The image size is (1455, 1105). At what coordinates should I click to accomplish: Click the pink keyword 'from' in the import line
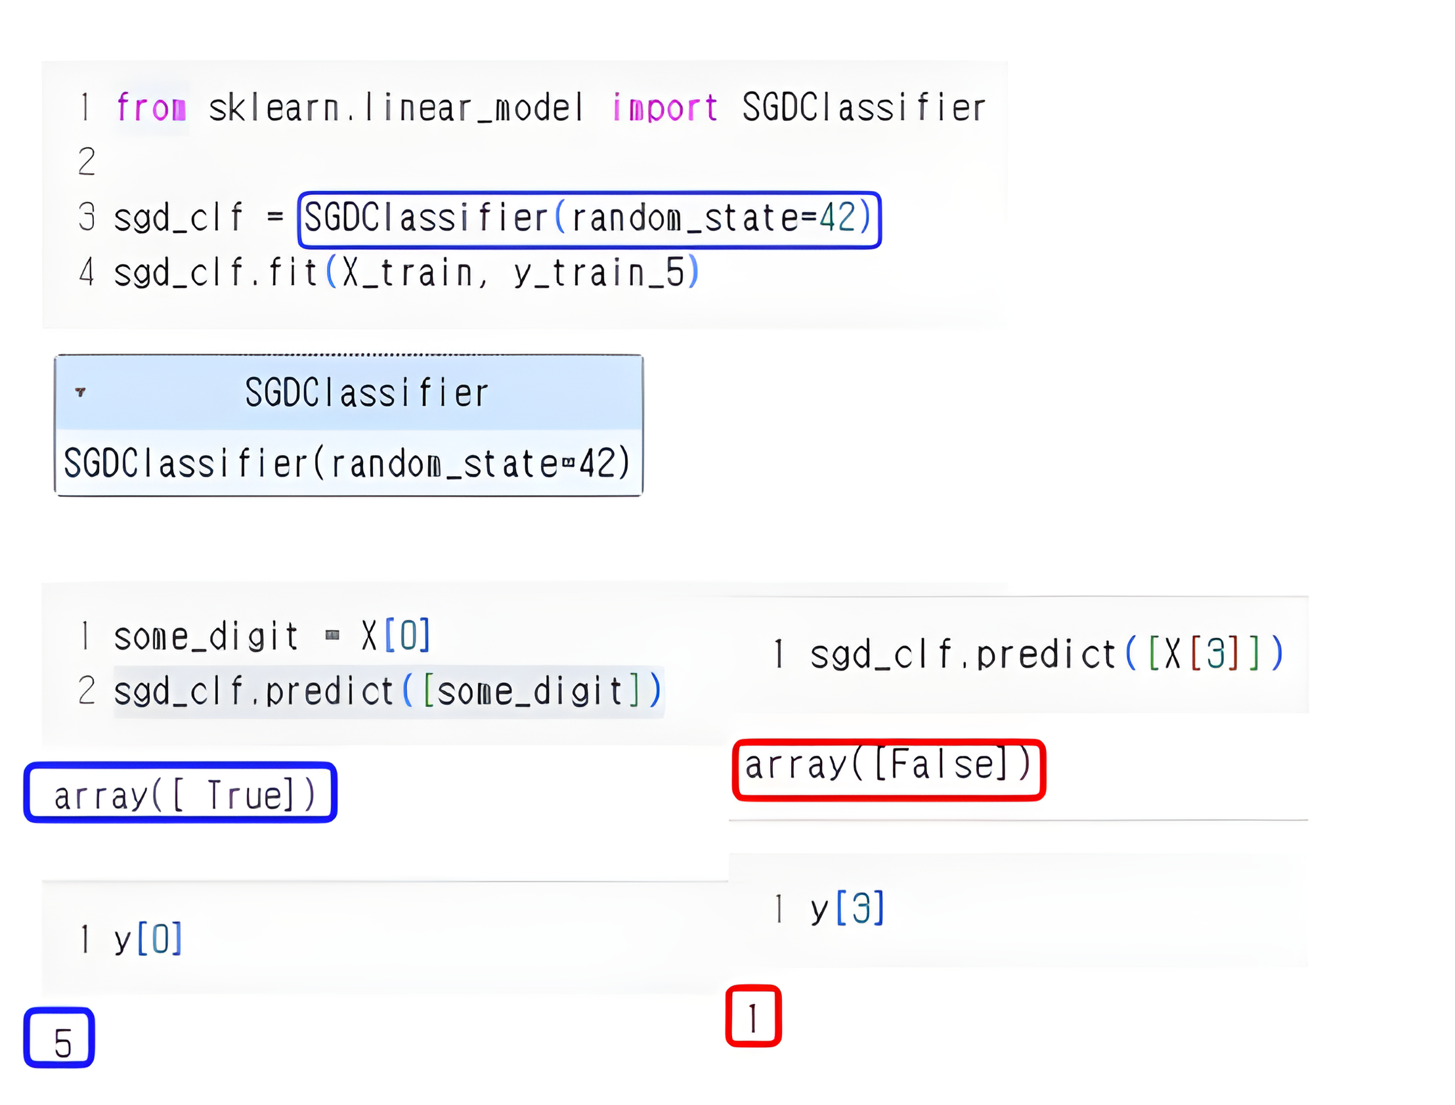tap(150, 107)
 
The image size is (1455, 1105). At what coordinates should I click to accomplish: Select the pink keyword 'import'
tap(664, 107)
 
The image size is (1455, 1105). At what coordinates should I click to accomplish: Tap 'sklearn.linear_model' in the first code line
tap(395, 107)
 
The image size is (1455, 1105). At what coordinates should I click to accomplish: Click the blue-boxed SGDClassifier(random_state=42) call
tap(589, 219)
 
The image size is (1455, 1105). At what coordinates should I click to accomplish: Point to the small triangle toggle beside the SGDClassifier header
tap(80, 392)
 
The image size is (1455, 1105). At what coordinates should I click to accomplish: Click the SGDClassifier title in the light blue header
tap(366, 393)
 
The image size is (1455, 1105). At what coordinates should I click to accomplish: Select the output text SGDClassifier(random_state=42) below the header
tap(347, 463)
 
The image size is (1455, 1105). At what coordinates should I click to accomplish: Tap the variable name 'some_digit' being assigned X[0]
tap(206, 637)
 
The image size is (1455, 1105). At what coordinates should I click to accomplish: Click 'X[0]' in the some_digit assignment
tap(396, 636)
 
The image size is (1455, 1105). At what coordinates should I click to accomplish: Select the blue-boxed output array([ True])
tap(181, 793)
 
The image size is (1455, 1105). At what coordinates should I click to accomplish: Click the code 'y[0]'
tap(148, 939)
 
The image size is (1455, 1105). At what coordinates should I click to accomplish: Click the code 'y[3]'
tap(847, 909)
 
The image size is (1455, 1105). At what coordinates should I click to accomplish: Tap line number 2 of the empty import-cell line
tap(86, 162)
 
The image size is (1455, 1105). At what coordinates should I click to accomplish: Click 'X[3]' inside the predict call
tap(1203, 655)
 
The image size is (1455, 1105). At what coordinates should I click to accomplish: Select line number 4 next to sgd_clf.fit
tap(86, 273)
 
